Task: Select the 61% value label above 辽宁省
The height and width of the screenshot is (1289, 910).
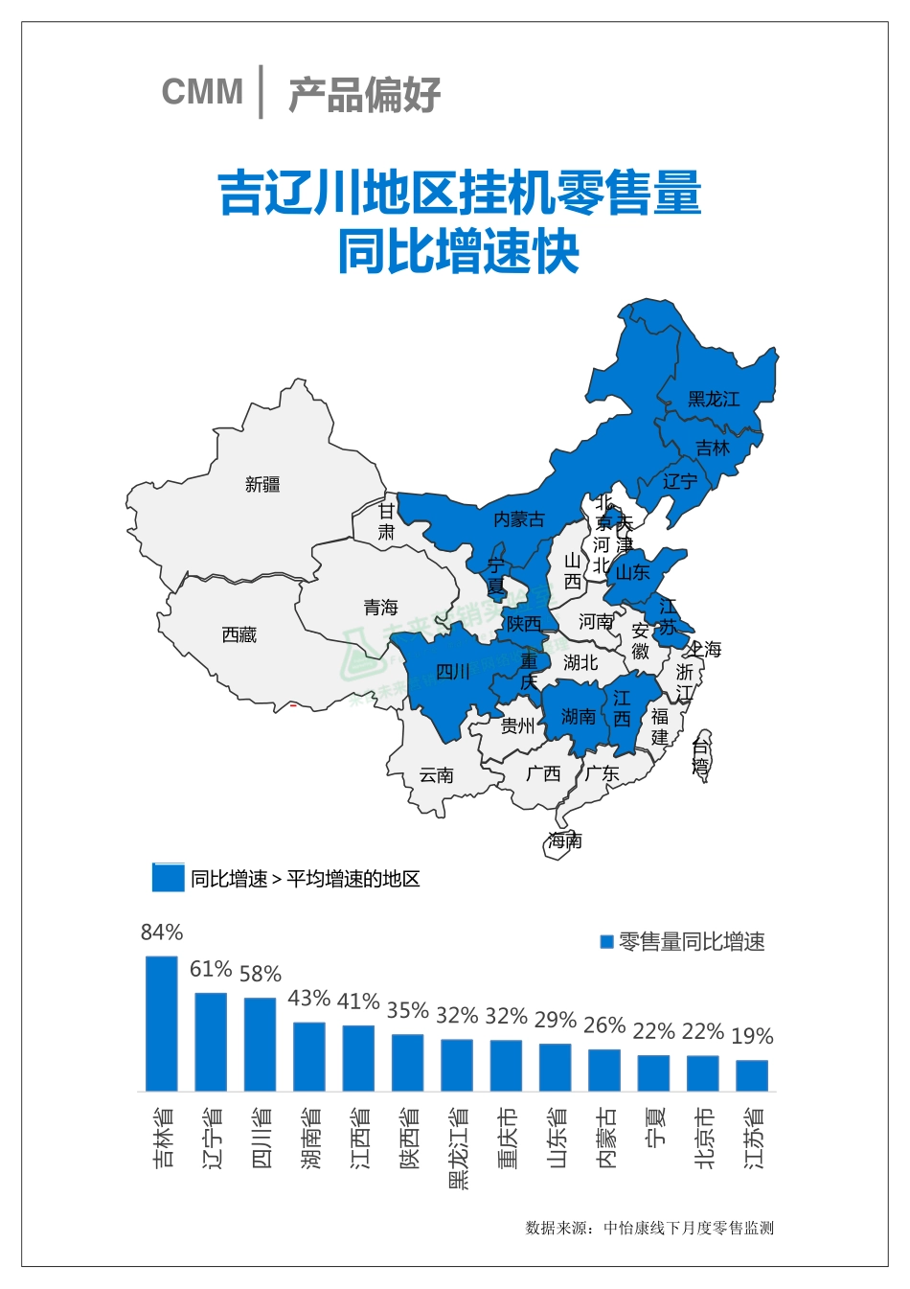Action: [210, 969]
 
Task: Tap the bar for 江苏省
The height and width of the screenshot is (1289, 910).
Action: [752, 1075]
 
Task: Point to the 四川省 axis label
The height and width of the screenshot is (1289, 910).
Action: [261, 1138]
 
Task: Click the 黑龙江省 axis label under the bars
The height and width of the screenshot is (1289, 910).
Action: [458, 1148]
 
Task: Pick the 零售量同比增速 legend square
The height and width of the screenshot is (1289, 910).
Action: [605, 942]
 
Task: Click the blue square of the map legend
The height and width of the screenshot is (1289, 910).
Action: [168, 878]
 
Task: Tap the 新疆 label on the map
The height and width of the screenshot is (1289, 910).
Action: [262, 485]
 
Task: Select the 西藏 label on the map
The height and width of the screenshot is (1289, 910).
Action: [239, 634]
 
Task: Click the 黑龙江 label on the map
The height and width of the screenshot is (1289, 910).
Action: [714, 399]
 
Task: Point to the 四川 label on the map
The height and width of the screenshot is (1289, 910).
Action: [452, 672]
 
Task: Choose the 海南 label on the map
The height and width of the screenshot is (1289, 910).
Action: [565, 840]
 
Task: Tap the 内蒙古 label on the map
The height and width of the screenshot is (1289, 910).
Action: [518, 519]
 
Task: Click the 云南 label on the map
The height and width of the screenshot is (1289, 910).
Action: [437, 774]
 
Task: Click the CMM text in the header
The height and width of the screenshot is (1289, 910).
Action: [202, 92]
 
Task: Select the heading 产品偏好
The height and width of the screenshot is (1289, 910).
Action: [364, 94]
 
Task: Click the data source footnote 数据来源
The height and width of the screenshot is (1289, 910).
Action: [649, 1228]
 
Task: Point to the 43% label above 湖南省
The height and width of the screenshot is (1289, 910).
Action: [308, 998]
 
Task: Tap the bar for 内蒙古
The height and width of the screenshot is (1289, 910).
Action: [604, 1070]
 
